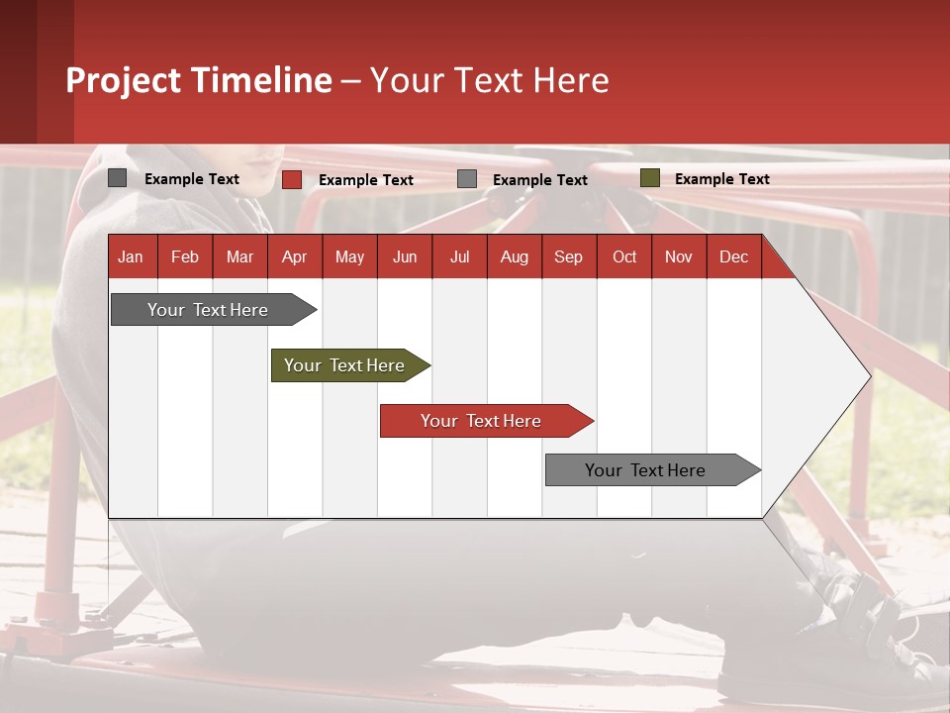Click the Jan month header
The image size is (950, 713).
(x=131, y=256)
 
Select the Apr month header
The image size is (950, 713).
(x=294, y=256)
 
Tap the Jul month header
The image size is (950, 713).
(x=459, y=256)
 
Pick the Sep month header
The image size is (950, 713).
(x=568, y=256)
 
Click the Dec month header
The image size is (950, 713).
(x=733, y=256)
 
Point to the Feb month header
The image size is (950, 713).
(x=185, y=256)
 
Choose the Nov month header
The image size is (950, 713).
(x=678, y=256)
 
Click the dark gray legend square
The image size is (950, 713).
(x=118, y=178)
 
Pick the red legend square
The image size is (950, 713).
(x=292, y=179)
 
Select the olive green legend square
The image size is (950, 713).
(x=649, y=178)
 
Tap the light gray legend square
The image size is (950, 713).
(x=467, y=179)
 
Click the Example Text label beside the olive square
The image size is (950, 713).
(x=721, y=179)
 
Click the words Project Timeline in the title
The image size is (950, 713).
(x=199, y=80)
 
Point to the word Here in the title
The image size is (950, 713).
(x=571, y=80)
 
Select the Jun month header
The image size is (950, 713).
(x=404, y=256)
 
